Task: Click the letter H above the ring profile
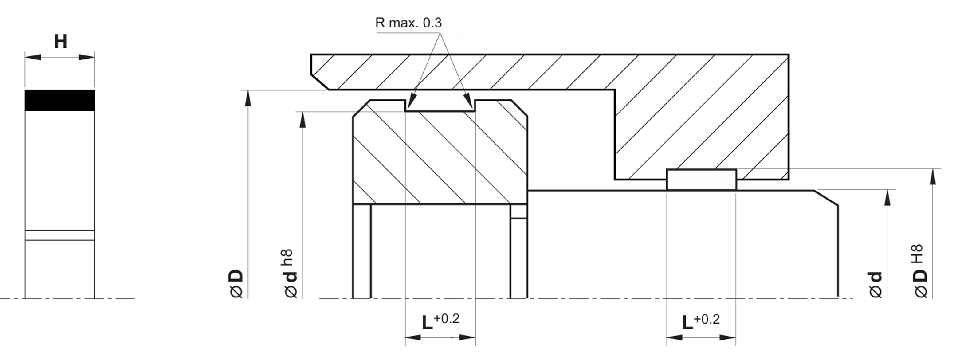(60, 42)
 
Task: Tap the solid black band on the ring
(60, 100)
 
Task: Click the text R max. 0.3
(408, 23)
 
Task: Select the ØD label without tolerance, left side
(237, 283)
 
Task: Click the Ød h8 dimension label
(289, 274)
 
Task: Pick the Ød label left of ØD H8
(876, 285)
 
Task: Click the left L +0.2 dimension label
(440, 321)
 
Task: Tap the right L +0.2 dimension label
(700, 322)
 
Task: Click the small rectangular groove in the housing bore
(701, 180)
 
